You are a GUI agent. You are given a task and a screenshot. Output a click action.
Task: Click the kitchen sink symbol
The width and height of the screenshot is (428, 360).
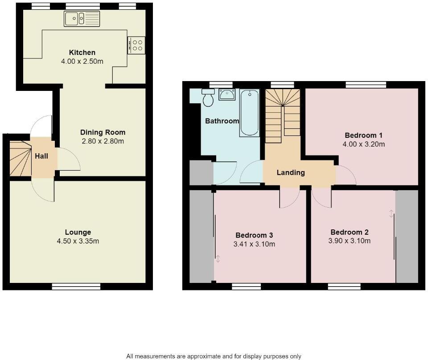(x=82, y=19)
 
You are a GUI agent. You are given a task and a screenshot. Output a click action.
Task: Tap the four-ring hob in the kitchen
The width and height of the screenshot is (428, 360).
(x=136, y=45)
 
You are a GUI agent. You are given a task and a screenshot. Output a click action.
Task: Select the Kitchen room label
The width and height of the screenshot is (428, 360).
(x=82, y=53)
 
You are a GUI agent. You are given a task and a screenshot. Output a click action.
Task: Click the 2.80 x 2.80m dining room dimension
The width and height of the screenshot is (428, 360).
(x=103, y=141)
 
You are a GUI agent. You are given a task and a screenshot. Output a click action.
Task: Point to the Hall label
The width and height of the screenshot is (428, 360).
(x=41, y=156)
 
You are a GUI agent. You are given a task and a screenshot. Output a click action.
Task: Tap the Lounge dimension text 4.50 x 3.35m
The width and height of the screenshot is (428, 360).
(x=78, y=241)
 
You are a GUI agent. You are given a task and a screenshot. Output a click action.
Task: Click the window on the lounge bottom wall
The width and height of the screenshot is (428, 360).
(x=76, y=286)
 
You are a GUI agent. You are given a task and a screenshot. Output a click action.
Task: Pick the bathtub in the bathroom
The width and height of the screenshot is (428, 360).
(x=249, y=112)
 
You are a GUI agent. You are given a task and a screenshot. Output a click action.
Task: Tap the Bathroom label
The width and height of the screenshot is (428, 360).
(x=222, y=121)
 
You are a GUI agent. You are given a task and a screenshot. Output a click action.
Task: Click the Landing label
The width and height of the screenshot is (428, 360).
(x=291, y=172)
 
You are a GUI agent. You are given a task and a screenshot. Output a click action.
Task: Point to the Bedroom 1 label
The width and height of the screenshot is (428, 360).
(x=363, y=135)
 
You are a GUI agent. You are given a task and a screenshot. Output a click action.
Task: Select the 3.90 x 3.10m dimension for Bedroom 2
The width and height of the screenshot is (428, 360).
(x=350, y=241)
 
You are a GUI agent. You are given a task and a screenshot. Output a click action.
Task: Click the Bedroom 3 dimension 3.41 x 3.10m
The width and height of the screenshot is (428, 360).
(x=254, y=244)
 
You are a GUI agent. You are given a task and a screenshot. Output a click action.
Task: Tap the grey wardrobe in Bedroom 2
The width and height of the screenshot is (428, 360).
(x=407, y=236)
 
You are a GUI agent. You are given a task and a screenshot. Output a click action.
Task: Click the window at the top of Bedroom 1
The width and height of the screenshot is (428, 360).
(x=366, y=85)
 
